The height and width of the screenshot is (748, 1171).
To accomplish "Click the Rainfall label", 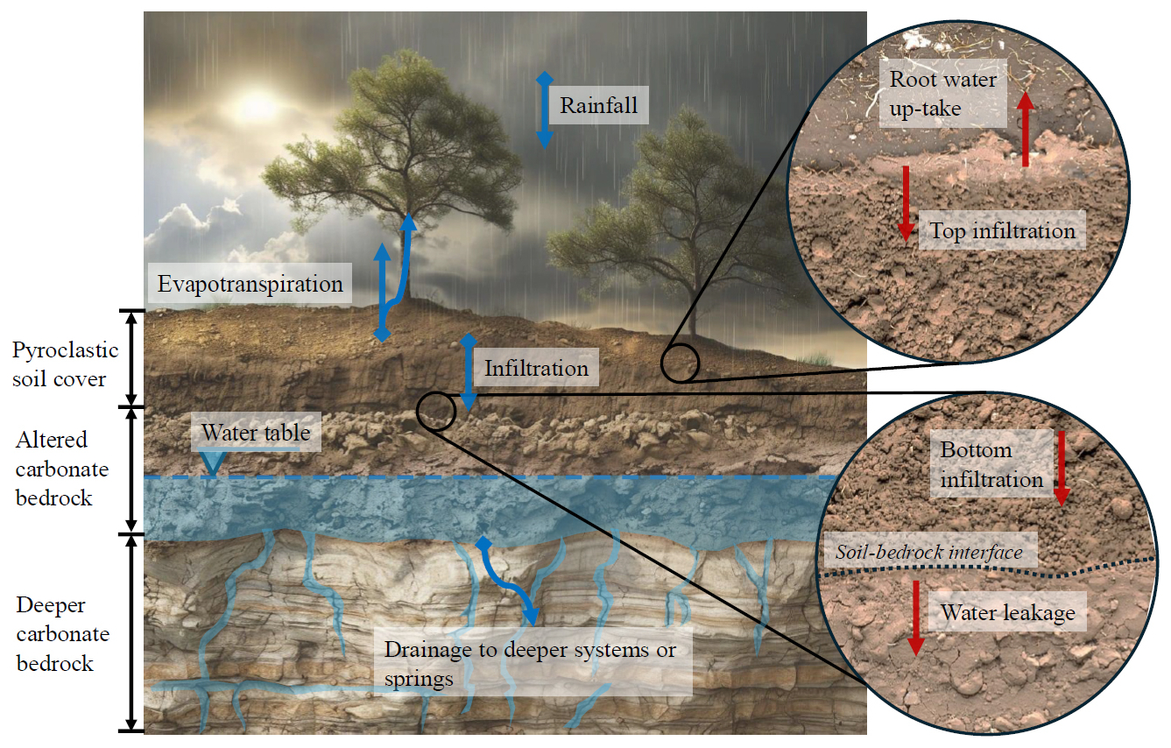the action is click(x=599, y=105).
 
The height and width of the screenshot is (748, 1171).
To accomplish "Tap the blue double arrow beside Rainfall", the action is click(x=545, y=110).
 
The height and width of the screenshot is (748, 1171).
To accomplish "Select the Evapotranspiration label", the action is click(x=250, y=283).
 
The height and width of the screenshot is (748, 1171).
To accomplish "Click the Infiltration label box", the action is click(x=536, y=368).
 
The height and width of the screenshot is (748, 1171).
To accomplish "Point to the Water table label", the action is click(x=256, y=432).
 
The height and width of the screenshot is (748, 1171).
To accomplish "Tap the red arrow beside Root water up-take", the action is click(x=1025, y=130).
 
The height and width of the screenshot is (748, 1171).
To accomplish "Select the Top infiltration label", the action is click(x=1002, y=230).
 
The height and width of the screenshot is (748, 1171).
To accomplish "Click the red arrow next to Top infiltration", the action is click(x=906, y=204).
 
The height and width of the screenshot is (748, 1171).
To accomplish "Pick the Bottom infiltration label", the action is click(x=991, y=463).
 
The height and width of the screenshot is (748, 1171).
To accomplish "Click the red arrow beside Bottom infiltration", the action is click(x=1062, y=469).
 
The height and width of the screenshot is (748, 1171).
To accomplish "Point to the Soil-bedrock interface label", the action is click(x=930, y=550).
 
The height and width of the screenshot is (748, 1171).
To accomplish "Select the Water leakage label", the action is click(x=1007, y=611).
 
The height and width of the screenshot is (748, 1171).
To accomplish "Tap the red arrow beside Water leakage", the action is click(x=915, y=618).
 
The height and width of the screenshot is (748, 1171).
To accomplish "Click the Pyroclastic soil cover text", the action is click(x=65, y=363).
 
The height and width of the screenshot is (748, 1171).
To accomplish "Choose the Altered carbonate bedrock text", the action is click(x=61, y=469).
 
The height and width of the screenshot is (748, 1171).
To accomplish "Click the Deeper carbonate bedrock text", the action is click(x=63, y=633).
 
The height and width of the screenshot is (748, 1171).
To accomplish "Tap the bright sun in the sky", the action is click(x=255, y=104).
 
